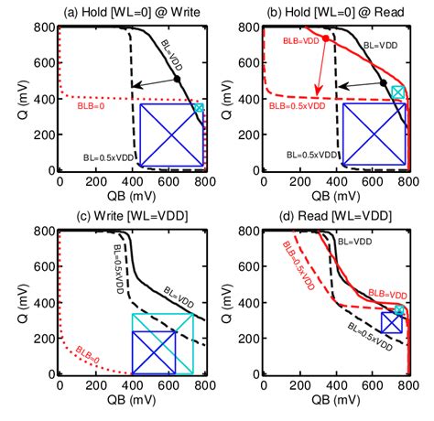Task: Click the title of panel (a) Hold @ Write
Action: click(133, 10)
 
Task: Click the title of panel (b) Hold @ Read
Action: click(337, 10)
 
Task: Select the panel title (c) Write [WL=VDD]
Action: click(133, 216)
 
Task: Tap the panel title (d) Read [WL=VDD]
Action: click(337, 216)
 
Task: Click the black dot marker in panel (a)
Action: click(177, 80)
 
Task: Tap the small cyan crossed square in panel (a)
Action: click(199, 107)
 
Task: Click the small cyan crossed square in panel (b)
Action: click(397, 92)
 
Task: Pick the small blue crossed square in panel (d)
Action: click(391, 322)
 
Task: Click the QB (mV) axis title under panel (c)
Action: click(133, 402)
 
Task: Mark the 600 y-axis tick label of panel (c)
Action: click(42, 272)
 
